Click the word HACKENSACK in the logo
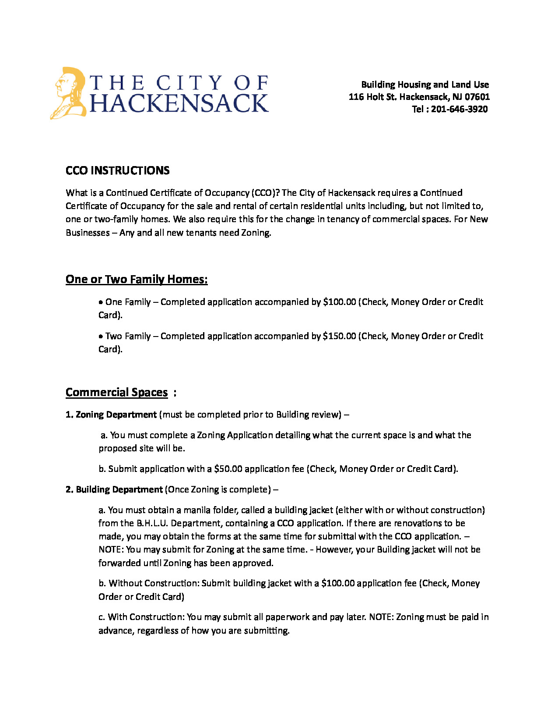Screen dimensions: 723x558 coord(179,103)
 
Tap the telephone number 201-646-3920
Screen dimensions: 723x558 coord(459,109)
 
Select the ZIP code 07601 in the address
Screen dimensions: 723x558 coord(477,97)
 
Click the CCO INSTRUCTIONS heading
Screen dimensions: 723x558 coord(117,170)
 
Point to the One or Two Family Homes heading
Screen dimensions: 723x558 coord(137,279)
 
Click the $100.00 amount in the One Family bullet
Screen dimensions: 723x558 coord(339,302)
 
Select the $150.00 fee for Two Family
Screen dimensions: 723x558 coord(339,336)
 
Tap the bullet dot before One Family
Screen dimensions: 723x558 coord(101,302)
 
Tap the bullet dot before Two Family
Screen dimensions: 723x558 coord(101,337)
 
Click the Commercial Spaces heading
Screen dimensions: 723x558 coord(116,392)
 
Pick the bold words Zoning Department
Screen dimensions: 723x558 coord(116,415)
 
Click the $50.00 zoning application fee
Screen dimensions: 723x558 coord(228,469)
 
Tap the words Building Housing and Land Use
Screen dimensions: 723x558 coord(425,85)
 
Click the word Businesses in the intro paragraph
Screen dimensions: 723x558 coord(88,233)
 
